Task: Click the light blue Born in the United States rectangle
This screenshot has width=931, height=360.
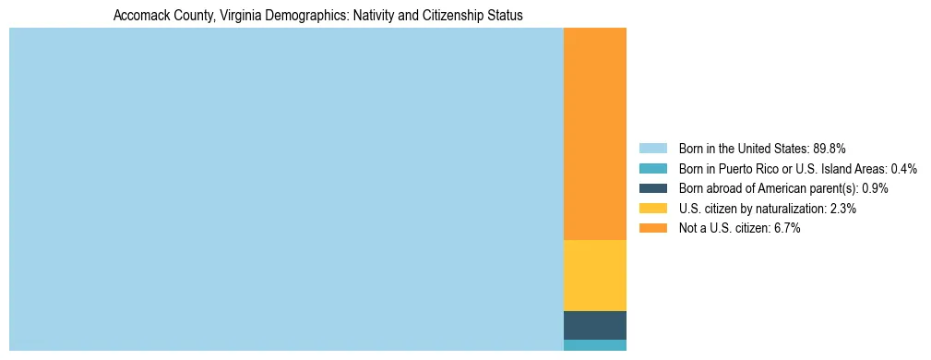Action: (x=286, y=189)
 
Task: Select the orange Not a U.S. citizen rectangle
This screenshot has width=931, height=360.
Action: (x=594, y=134)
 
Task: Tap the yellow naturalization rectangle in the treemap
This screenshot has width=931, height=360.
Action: (x=594, y=275)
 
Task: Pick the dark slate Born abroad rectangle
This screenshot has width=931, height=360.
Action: (x=594, y=325)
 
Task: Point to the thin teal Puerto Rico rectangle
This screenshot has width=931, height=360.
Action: (x=594, y=345)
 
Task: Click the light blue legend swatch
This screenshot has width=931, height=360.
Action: (x=652, y=149)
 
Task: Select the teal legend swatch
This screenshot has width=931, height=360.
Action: (x=652, y=169)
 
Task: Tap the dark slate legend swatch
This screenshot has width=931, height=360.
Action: (x=652, y=188)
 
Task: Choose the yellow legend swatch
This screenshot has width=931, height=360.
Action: (x=652, y=209)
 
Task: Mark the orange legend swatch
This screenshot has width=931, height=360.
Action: (x=652, y=229)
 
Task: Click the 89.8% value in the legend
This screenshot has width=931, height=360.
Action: (x=830, y=149)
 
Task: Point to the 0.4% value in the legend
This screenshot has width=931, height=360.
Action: (x=903, y=169)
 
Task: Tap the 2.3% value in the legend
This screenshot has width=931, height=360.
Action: (x=842, y=209)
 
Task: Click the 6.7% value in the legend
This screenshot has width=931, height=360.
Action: (x=786, y=229)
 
